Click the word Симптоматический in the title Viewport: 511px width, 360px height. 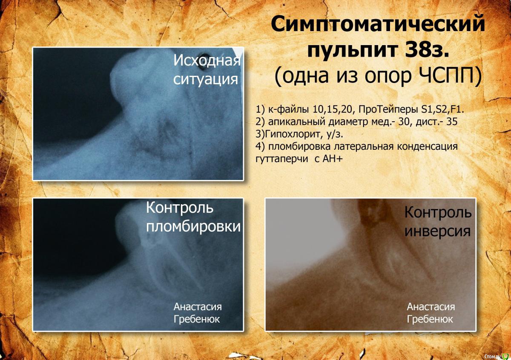pos(378,25)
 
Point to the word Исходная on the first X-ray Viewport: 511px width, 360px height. pos(207,60)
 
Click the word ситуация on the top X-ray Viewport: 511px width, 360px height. pos(206,79)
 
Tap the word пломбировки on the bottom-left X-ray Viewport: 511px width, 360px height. pos(193,226)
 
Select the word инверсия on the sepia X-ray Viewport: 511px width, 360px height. pos(437,231)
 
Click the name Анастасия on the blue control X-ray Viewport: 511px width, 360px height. pos(198,307)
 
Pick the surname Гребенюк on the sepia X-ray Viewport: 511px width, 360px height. pos(430,319)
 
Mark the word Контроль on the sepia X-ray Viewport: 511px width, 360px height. pos(438,212)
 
